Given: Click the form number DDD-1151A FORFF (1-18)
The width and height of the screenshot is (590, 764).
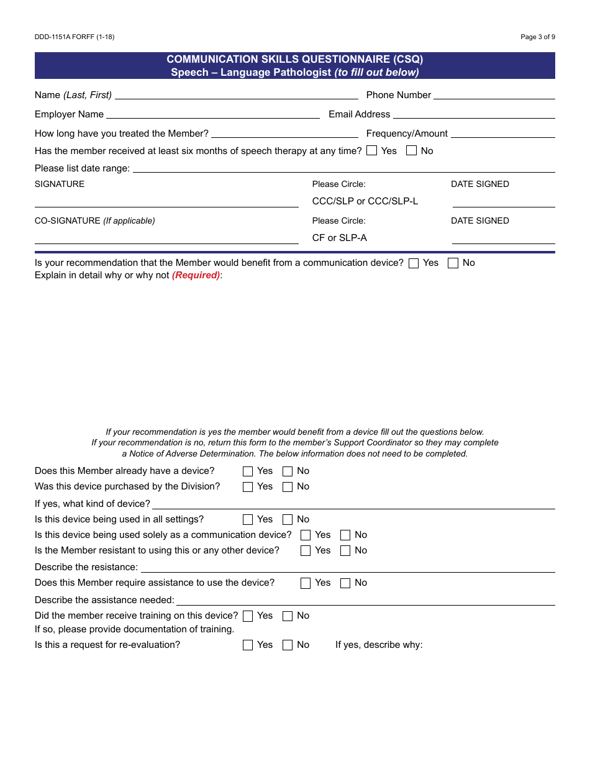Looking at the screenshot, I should click(75, 37).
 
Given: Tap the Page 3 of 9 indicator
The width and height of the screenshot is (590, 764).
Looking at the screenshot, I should click(538, 37).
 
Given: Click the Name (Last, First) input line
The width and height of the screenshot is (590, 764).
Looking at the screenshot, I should click(236, 96).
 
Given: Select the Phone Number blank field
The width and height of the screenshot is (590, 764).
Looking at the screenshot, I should click(494, 96).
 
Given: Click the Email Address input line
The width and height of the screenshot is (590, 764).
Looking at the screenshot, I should click(474, 115).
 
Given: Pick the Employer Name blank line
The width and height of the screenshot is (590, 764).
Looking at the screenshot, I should click(213, 115).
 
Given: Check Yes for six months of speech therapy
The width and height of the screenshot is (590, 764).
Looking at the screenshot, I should click(371, 150).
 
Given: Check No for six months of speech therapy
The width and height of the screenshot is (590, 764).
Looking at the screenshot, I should click(411, 150).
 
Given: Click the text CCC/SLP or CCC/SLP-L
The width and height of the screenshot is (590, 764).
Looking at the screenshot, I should click(365, 201).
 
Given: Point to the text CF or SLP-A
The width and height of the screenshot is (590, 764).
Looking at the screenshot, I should click(340, 238).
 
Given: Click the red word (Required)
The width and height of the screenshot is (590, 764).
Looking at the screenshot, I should click(196, 275).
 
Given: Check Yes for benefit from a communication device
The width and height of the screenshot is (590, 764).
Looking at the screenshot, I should click(414, 263).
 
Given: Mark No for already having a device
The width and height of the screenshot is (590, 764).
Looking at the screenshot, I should click(288, 471).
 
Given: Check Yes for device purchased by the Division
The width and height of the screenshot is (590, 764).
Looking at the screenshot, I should click(248, 487).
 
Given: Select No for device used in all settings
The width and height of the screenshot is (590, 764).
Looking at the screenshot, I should click(288, 520).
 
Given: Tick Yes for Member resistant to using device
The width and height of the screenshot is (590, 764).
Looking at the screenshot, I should click(306, 551).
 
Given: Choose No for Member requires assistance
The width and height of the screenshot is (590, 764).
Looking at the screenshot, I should click(345, 583).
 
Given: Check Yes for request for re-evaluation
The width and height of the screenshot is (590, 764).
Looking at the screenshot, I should click(248, 645).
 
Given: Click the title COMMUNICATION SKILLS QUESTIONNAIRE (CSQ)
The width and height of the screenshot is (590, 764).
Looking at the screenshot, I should click(294, 60).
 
